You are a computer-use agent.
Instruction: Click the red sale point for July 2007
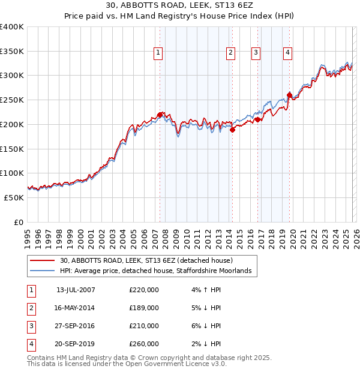click(160, 114)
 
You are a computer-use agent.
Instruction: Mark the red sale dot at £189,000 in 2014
click(232, 130)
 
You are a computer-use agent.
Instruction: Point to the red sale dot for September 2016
click(257, 119)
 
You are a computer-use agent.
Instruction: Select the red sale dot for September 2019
click(289, 95)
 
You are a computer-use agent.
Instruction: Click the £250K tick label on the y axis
click(12, 100)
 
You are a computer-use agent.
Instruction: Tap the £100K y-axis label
click(12, 173)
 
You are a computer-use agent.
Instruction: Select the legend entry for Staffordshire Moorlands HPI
click(158, 271)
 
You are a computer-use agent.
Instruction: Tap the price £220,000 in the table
click(144, 290)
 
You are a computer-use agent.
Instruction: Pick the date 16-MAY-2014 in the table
click(75, 308)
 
